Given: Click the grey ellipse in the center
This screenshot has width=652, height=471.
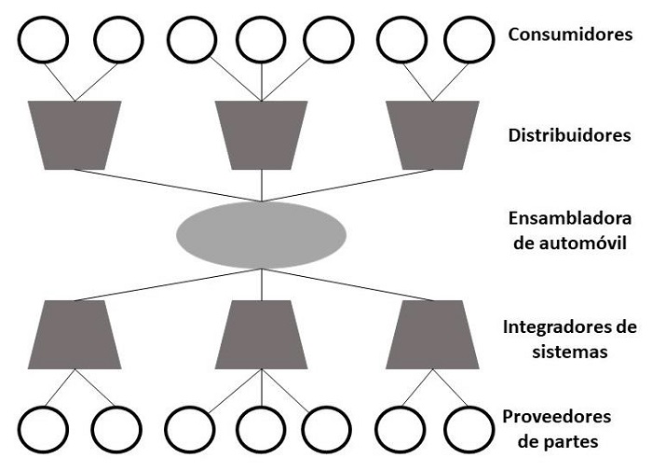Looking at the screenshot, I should pos(262,233).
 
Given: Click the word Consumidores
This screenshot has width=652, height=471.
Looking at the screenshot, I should pos(570,35).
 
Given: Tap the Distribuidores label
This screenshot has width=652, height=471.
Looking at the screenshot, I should pos(570,135).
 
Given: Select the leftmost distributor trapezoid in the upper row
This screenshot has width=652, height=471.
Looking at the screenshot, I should pos(75,134).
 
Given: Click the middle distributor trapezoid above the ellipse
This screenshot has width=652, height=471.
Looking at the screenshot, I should pos(262,134).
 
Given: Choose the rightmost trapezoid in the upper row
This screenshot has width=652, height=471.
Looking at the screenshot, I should pos(433,134).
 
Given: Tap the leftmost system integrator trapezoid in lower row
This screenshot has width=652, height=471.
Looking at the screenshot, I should pos(75,334).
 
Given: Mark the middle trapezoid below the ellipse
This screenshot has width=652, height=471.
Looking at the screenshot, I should pos(262,334).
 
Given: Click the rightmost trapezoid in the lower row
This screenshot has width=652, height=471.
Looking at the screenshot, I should pos(433,334).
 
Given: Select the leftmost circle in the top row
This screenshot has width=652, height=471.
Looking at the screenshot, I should pos(44,38).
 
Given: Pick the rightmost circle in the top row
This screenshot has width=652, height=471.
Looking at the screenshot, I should pos(468,38).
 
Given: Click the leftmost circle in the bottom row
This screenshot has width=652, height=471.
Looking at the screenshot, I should pos(44,428).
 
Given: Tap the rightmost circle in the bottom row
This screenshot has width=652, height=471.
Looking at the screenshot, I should pos(468,428).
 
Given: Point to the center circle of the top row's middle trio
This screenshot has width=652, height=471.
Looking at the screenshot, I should pos(261,38).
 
